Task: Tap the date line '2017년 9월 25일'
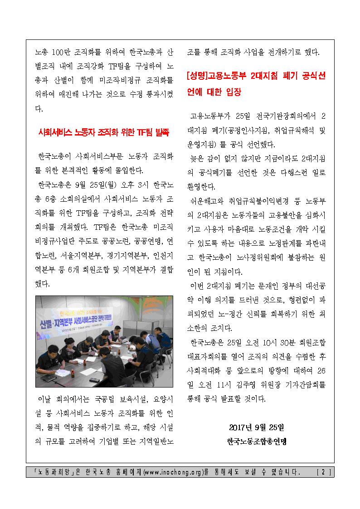(x=256, y=427)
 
